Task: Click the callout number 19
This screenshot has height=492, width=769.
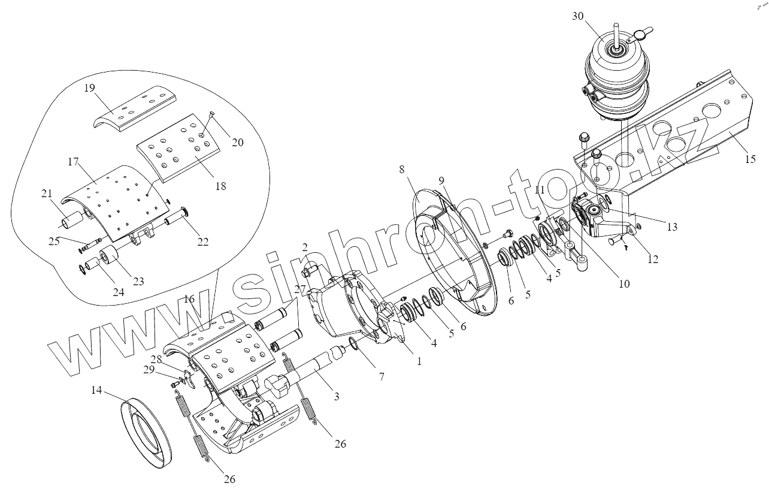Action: point(89,87)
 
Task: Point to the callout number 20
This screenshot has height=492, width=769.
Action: point(238,143)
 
